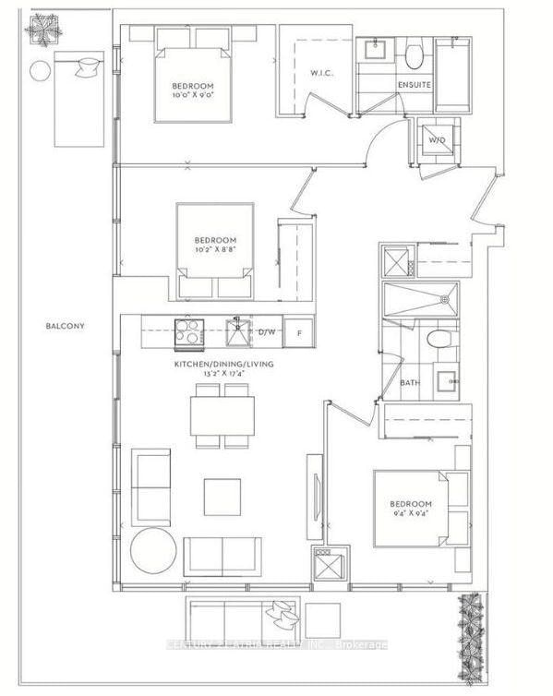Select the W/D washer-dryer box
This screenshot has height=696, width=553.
tap(435, 140)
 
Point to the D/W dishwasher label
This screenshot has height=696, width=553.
tap(267, 331)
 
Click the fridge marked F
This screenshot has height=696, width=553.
tap(297, 331)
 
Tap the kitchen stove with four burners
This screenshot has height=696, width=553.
tap(188, 330)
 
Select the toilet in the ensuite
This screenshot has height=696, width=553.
tap(412, 56)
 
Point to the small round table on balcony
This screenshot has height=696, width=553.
tap(40, 70)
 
